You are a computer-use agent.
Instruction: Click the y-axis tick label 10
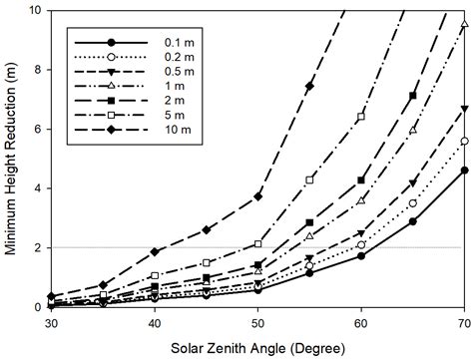pyautogui.click(x=34, y=11)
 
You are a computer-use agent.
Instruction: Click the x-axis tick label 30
pyautogui.click(x=50, y=324)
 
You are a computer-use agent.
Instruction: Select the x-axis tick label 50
pyautogui.click(x=257, y=324)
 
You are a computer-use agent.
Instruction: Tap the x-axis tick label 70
pyautogui.click(x=464, y=324)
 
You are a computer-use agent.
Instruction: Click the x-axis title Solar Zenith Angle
pyautogui.click(x=256, y=348)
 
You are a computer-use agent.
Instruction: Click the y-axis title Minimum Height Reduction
pyautogui.click(x=12, y=158)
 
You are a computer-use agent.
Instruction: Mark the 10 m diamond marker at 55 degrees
pyautogui.click(x=309, y=86)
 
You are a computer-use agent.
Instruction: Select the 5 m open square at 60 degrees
pyautogui.click(x=361, y=117)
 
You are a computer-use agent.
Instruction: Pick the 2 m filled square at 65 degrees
pyautogui.click(x=413, y=96)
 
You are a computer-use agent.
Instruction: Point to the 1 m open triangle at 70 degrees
pyautogui.click(x=465, y=24)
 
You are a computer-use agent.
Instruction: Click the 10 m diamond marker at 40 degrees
pyautogui.click(x=154, y=251)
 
